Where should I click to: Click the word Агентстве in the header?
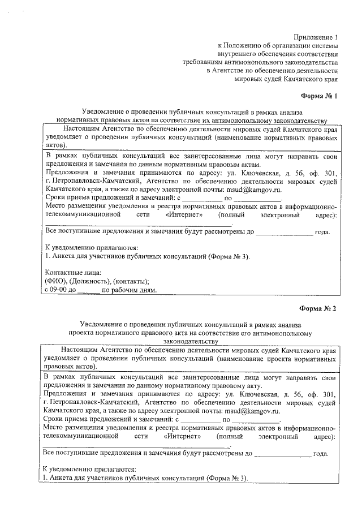(x=232, y=71)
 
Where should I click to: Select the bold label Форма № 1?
(x=318, y=96)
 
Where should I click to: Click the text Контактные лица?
(x=68, y=272)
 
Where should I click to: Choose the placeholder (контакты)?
(x=131, y=281)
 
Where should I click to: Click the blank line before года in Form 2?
(x=283, y=454)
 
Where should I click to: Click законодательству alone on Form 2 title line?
(x=191, y=342)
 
